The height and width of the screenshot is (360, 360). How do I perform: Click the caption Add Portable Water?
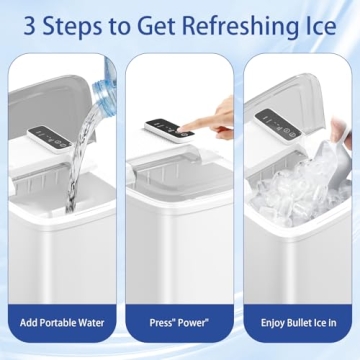pos(63,323)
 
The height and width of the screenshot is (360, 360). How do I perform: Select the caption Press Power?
pos(180,323)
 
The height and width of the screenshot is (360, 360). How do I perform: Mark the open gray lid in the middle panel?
pos(180,160)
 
